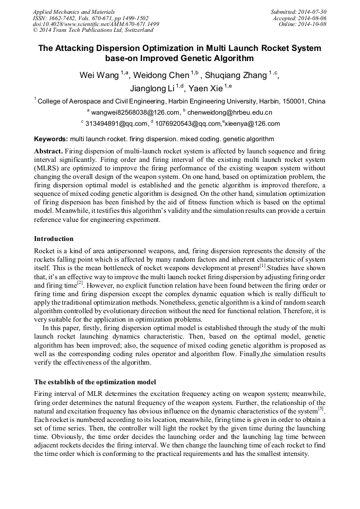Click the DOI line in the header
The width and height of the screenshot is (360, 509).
(96, 24)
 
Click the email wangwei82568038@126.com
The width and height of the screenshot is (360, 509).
(134, 113)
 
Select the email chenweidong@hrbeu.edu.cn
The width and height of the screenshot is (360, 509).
(230, 113)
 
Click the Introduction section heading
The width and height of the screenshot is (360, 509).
(54, 239)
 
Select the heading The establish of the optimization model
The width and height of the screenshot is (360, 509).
(95, 382)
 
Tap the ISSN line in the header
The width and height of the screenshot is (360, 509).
(91, 18)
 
